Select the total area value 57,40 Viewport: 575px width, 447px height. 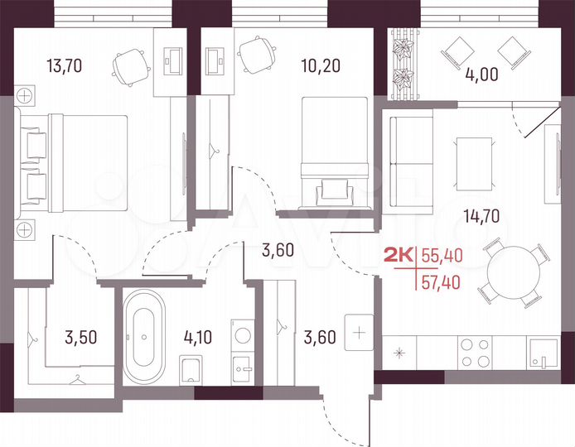pyautogui.click(x=442, y=283)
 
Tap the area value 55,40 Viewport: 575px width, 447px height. pyautogui.click(x=442, y=256)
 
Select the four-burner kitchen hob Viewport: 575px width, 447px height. pyautogui.click(x=471, y=353)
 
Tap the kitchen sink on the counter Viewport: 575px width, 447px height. pyautogui.click(x=543, y=353)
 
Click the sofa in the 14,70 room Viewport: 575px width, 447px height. pyautogui.click(x=408, y=163)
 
